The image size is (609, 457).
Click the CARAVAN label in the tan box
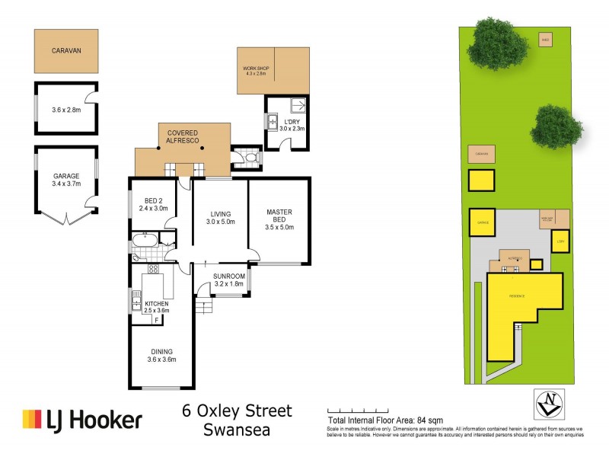[66, 51]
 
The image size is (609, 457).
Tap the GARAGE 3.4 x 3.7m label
[66, 179]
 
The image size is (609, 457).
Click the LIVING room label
[219, 218]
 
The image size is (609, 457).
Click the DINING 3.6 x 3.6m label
[161, 355]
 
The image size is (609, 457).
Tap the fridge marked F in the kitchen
[156, 320]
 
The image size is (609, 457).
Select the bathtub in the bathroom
[145, 243]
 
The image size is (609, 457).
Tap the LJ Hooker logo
[82, 420]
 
